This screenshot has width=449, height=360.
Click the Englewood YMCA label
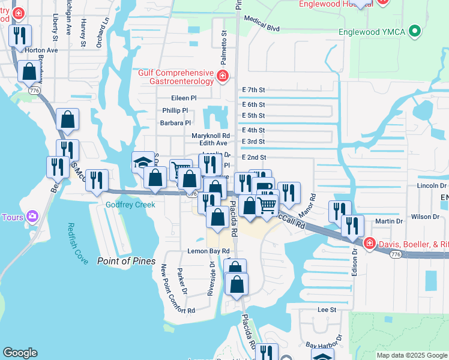pyautogui.click(x=372, y=31)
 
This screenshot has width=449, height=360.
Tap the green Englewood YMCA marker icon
pyautogui.click(x=414, y=31)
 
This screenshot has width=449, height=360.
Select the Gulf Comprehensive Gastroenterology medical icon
pyautogui.click(x=223, y=76)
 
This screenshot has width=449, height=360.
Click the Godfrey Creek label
pyautogui.click(x=130, y=205)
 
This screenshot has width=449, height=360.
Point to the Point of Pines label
pyautogui.click(x=127, y=261)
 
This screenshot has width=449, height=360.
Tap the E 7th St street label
pyautogui.click(x=253, y=90)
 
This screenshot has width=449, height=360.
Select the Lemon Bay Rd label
pyautogui.click(x=209, y=251)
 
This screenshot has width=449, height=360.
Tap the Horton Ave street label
pyautogui.click(x=41, y=50)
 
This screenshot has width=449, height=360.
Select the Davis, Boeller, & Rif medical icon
pyautogui.click(x=369, y=244)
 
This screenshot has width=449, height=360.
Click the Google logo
pyautogui.click(x=20, y=353)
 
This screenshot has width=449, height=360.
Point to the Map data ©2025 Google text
pyautogui.click(x=412, y=355)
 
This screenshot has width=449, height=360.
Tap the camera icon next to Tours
pyautogui.click(x=32, y=217)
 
